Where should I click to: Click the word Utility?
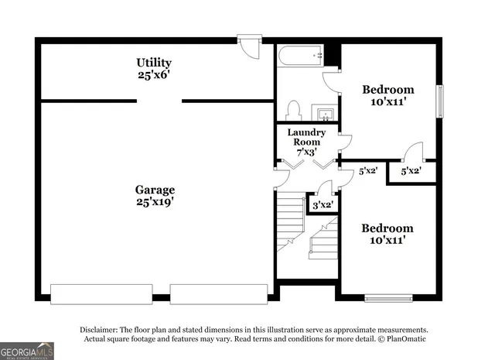tap(154, 63)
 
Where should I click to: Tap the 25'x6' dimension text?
tap(154, 76)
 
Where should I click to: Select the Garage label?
tap(155, 190)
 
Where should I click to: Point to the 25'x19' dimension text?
tap(155, 203)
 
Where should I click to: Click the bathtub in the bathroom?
tap(300, 57)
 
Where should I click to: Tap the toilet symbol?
tap(293, 110)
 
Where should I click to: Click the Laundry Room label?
tap(307, 137)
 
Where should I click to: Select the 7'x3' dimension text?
tap(307, 153)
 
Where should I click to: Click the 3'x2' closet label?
tap(321, 205)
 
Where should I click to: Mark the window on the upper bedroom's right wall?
tap(441, 100)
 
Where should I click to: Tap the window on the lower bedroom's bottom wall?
tap(388, 297)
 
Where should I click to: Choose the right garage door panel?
tap(219, 294)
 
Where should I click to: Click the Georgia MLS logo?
tap(27, 351)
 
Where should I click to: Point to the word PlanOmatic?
tap(402, 338)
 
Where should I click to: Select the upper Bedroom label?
tap(388, 90)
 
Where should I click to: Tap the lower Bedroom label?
tap(388, 228)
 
